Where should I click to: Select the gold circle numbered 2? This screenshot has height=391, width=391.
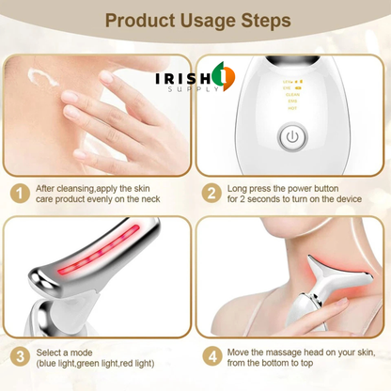[211, 194]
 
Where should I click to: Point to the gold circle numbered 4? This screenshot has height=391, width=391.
[211, 357]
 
